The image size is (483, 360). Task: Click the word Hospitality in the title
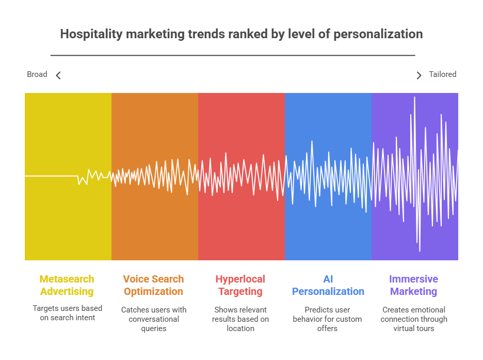pyautogui.click(x=91, y=34)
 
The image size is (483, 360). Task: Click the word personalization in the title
pyautogui.click(x=378, y=34)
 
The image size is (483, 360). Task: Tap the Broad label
pyautogui.click(x=37, y=74)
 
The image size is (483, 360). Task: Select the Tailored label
pyautogui.click(x=443, y=74)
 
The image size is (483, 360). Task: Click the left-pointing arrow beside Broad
pyautogui.click(x=58, y=75)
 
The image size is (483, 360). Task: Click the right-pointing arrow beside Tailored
pyautogui.click(x=419, y=75)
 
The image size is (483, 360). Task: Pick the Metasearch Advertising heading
pyautogui.click(x=67, y=285)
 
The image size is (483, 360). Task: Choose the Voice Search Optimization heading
pyautogui.click(x=153, y=285)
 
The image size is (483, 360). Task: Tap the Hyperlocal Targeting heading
pyautogui.click(x=240, y=286)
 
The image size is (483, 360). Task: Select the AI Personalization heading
pyautogui.click(x=328, y=285)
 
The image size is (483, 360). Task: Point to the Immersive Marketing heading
pyautogui.click(x=414, y=286)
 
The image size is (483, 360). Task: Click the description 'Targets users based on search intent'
pyautogui.click(x=68, y=313)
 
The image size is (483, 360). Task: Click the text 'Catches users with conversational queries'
pyautogui.click(x=154, y=319)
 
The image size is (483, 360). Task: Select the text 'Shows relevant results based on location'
pyautogui.click(x=240, y=319)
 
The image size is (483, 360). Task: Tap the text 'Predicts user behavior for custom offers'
pyautogui.click(x=328, y=319)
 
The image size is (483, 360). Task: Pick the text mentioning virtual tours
pyautogui.click(x=414, y=319)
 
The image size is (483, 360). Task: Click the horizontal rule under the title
pyautogui.click(x=233, y=55)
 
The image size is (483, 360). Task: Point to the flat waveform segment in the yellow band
pyautogui.click(x=51, y=176)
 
